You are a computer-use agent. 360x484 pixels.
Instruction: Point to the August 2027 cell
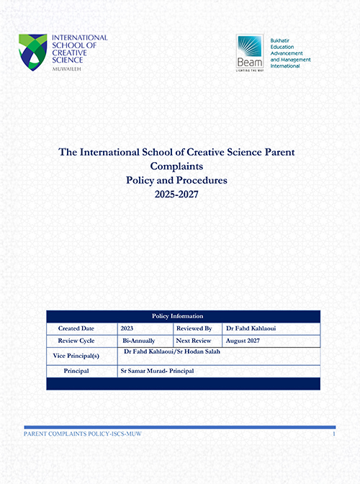(x=244, y=339)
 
